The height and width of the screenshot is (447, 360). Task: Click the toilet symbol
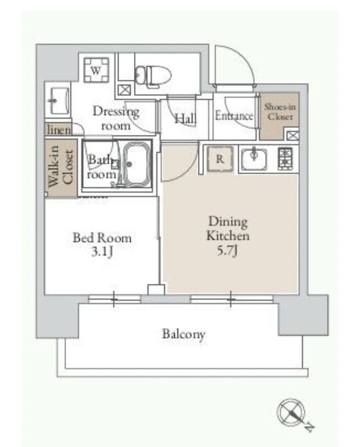click(153, 76)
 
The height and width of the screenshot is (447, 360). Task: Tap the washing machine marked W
click(96, 70)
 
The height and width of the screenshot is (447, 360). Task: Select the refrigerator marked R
click(220, 159)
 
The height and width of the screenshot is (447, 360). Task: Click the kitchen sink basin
click(254, 159)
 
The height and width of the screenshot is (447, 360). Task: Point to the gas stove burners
click(285, 159)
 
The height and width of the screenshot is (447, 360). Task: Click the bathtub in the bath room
click(137, 164)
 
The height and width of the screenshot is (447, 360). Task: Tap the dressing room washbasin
click(60, 101)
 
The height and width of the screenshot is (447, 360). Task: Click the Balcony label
click(184, 334)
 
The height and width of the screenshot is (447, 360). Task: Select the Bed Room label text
click(102, 238)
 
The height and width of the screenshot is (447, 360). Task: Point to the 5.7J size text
click(227, 251)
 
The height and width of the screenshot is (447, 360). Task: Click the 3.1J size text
click(102, 252)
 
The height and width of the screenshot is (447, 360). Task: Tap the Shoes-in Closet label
click(279, 112)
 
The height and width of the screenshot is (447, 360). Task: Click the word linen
click(59, 130)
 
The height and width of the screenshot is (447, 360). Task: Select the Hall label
click(185, 119)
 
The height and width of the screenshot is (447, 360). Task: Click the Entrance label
click(234, 115)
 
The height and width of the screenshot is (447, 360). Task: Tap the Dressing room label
click(115, 118)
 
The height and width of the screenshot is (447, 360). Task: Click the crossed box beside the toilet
click(125, 90)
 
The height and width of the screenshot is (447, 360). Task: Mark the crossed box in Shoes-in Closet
click(292, 135)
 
